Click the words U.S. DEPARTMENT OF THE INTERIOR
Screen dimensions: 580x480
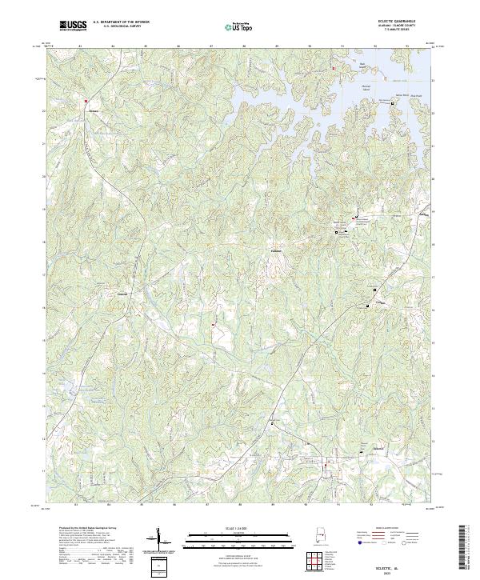point(121,22)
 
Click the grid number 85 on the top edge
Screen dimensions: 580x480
point(145,46)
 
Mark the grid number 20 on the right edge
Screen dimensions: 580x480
point(433,178)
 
